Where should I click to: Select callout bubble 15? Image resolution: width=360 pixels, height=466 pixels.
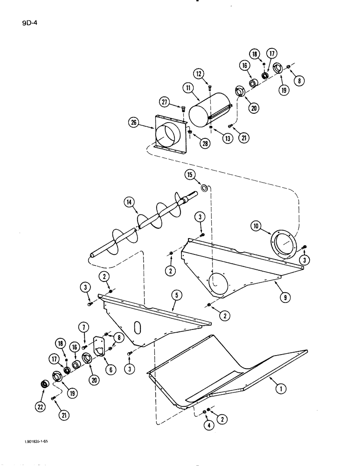pyautogui.click(x=190, y=175)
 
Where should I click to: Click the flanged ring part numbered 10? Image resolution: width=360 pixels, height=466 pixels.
pyautogui.click(x=283, y=244)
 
